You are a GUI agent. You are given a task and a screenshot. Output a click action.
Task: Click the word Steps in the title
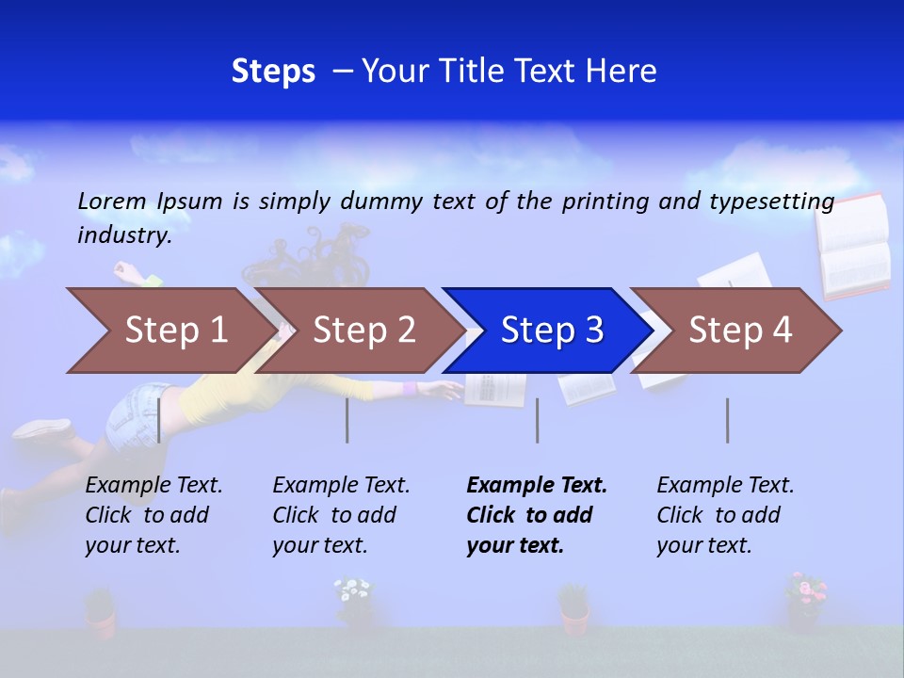(x=273, y=72)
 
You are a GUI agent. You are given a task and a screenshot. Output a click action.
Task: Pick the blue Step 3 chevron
(x=551, y=330)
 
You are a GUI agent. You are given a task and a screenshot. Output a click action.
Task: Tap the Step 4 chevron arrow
(x=739, y=330)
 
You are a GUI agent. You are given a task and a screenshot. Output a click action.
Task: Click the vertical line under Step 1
(x=159, y=420)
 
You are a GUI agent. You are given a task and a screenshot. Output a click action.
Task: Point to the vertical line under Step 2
(x=347, y=420)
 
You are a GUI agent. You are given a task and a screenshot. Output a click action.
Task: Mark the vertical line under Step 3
(x=537, y=420)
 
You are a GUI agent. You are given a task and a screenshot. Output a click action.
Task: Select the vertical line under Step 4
(x=727, y=420)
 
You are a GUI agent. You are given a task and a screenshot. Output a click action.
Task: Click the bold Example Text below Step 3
(x=537, y=486)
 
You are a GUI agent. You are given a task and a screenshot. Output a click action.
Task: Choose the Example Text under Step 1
(x=153, y=486)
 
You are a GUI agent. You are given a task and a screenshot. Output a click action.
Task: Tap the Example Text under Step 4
(x=725, y=486)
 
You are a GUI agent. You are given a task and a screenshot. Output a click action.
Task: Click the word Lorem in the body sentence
(x=112, y=201)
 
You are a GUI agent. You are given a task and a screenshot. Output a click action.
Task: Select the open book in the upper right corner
(x=853, y=245)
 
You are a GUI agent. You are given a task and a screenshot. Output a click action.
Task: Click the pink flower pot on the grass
(x=805, y=600)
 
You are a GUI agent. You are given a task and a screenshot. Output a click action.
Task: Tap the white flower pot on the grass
(x=355, y=602)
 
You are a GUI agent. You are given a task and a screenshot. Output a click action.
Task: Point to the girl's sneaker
(x=43, y=429)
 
